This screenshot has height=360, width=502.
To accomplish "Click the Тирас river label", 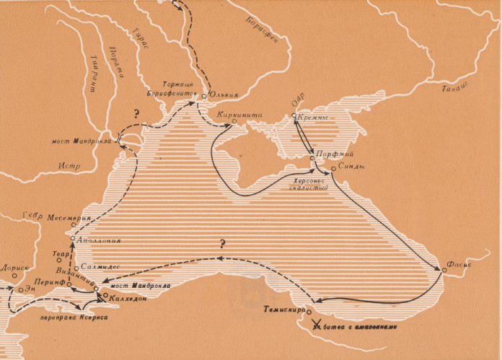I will click(x=141, y=38).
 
